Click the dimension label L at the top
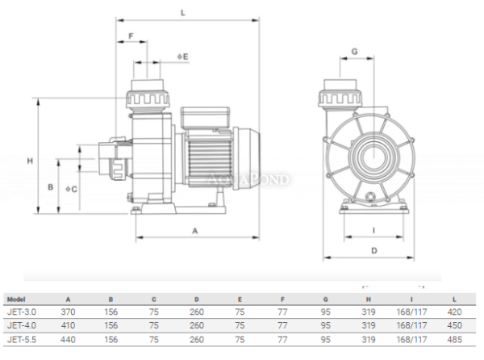(183, 13)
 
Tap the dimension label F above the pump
(131, 36)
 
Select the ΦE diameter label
(182, 57)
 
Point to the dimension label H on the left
(30, 161)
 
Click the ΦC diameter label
(71, 189)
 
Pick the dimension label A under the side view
(194, 231)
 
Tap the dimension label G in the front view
(355, 52)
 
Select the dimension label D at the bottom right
(374, 250)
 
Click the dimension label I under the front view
(373, 230)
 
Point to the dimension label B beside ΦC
(50, 187)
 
